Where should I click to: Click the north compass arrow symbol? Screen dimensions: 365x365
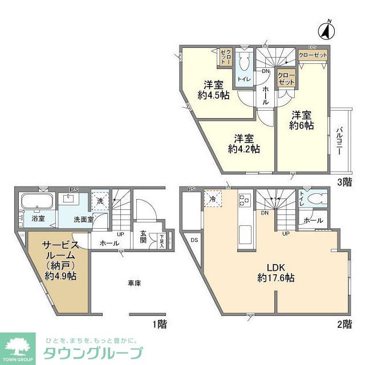pyautogui.click(x=327, y=29)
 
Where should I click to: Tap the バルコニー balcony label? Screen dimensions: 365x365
pyautogui.click(x=339, y=140)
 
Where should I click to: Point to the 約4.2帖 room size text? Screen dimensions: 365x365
pyautogui.click(x=244, y=149)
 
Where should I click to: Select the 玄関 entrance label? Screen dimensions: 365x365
pyautogui.click(x=143, y=237)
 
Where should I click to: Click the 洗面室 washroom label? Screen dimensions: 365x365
pyautogui.click(x=83, y=218)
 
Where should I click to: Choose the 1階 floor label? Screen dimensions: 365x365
pyautogui.click(x=159, y=323)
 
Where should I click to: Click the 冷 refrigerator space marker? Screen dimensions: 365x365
pyautogui.click(x=213, y=199)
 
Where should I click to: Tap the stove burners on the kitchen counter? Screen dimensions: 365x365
pyautogui.click(x=245, y=200)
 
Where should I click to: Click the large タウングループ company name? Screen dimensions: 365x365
pyautogui.click(x=93, y=351)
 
